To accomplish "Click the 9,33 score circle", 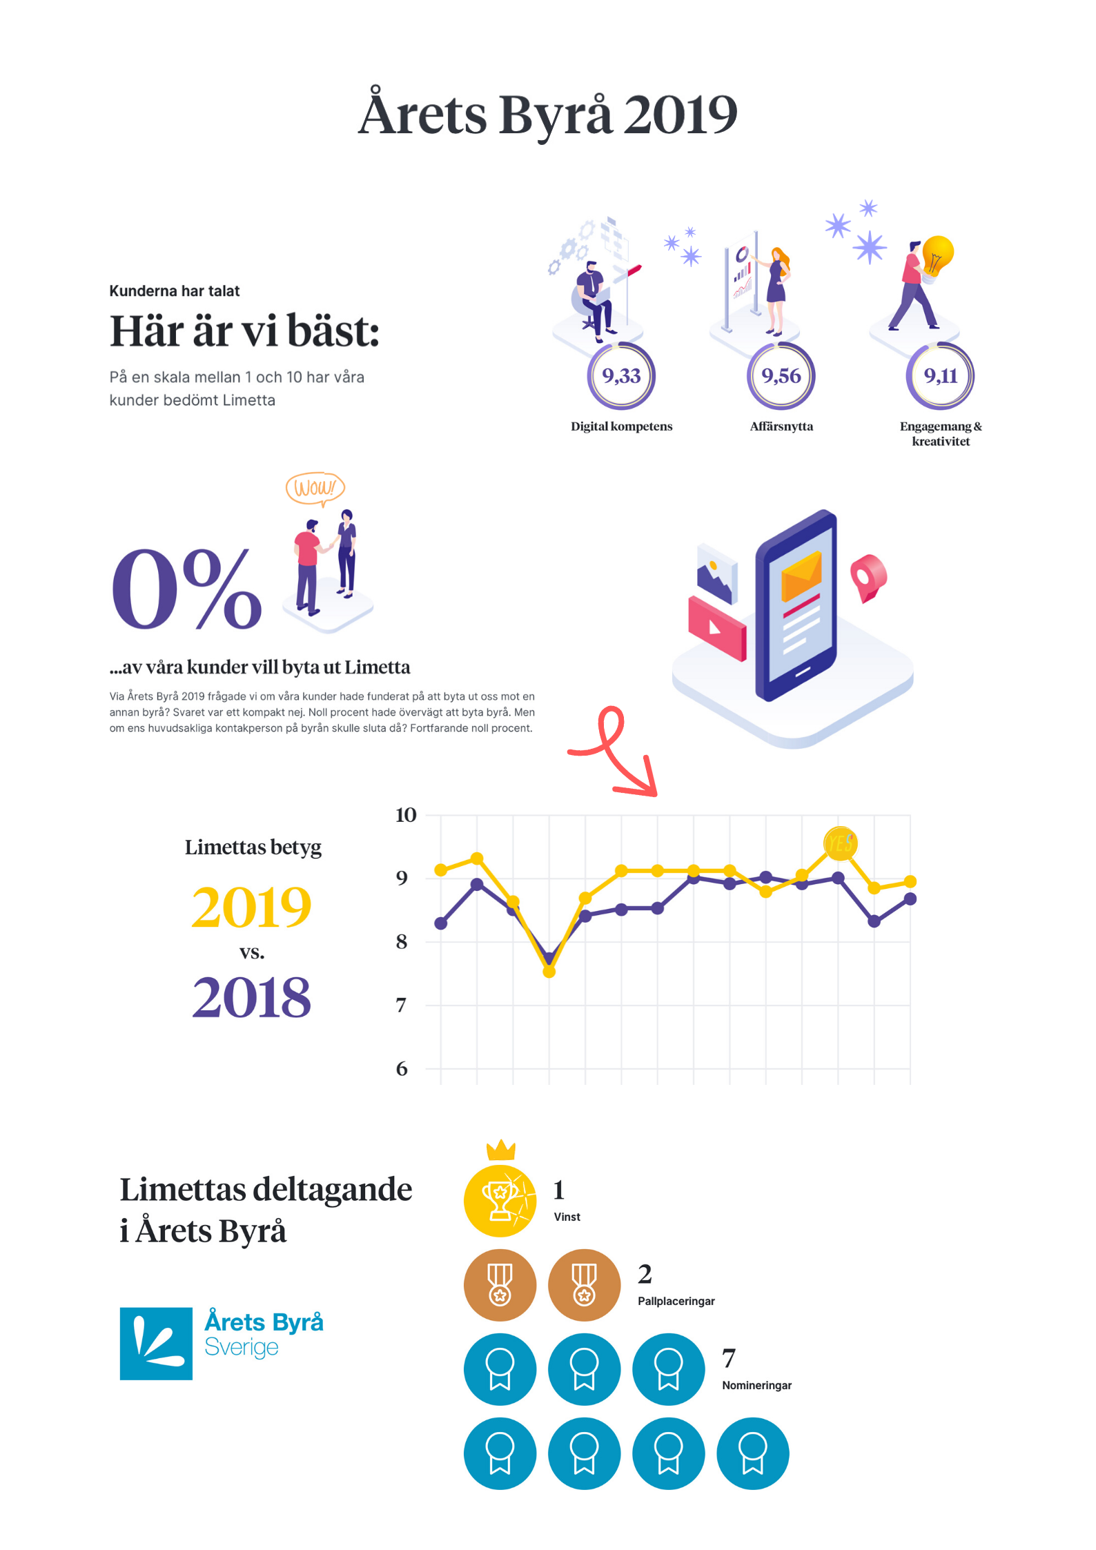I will [x=621, y=376].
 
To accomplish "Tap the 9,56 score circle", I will [x=781, y=376].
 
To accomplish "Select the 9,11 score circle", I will [x=940, y=376].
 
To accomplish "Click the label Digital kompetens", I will [x=621, y=426].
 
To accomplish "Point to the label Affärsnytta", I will [x=781, y=426].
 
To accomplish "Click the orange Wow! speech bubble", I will [x=315, y=488].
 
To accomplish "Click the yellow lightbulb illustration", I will [x=937, y=255].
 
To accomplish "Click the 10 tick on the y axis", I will [x=406, y=815].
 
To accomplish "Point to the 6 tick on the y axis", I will [x=402, y=1069].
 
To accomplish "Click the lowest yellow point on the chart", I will [x=549, y=972].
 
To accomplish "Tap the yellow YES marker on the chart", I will [x=840, y=843].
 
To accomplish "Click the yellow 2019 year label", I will [x=252, y=907].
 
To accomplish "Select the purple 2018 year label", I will [x=252, y=997].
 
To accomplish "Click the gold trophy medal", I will [x=500, y=1201].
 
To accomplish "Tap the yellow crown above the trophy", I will [x=501, y=1150].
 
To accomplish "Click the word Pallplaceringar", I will [x=676, y=1301].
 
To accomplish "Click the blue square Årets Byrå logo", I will [x=156, y=1343].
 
